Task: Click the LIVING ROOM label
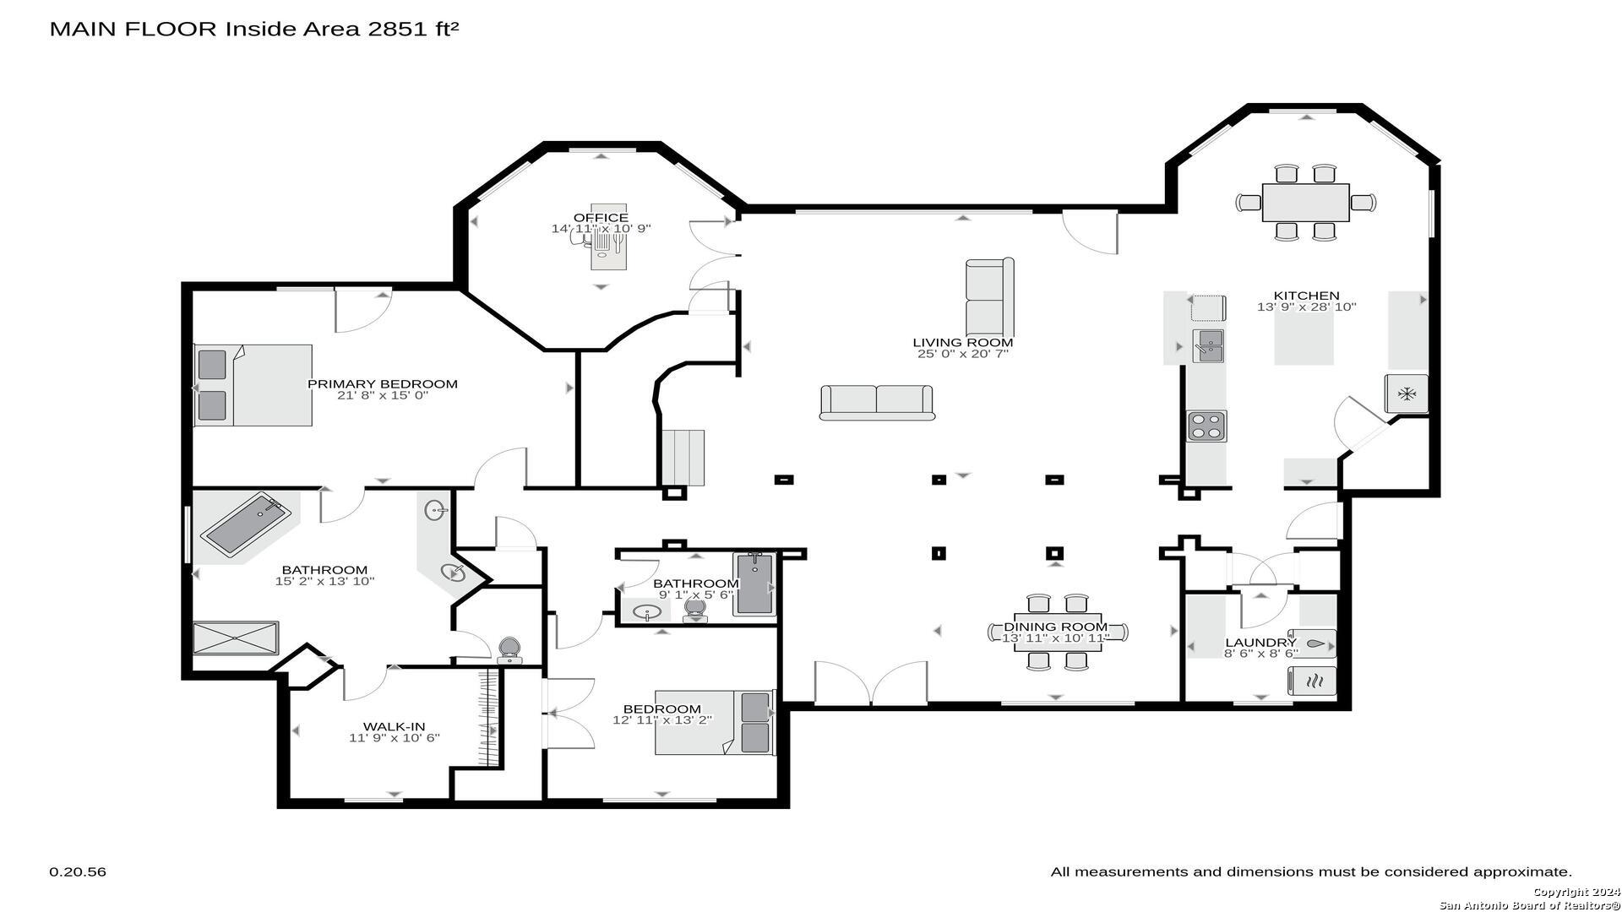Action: [962, 342]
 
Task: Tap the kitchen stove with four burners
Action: [1206, 426]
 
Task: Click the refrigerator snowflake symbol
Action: [1407, 394]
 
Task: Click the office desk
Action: [608, 236]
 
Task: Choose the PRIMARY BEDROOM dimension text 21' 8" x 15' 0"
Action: [383, 395]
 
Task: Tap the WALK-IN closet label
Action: [394, 726]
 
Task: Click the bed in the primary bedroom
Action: [253, 385]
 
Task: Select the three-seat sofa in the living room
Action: [877, 403]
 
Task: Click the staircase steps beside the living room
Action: [683, 458]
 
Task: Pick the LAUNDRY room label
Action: [1260, 643]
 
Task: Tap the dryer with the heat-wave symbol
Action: [1312, 681]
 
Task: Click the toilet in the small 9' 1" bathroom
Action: [694, 608]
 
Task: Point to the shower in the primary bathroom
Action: [236, 638]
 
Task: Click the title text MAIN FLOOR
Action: [133, 29]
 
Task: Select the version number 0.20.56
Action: [78, 871]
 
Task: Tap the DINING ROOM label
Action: [1055, 627]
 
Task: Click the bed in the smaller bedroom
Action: [715, 723]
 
